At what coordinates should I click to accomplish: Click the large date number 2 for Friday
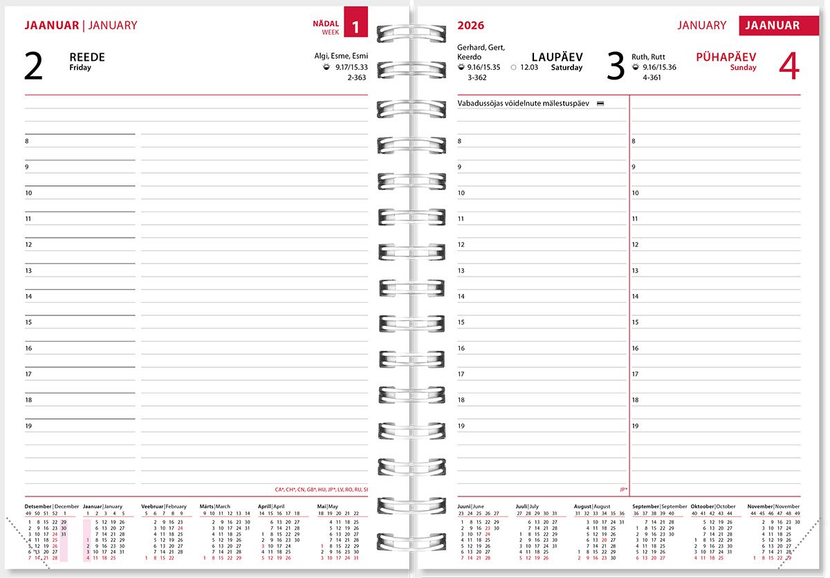(x=33, y=66)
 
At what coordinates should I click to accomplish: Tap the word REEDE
(x=87, y=57)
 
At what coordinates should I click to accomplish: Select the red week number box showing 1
(x=356, y=27)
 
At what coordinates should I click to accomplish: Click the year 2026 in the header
(x=470, y=26)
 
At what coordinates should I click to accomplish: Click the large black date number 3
(x=615, y=66)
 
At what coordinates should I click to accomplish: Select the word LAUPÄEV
(x=557, y=57)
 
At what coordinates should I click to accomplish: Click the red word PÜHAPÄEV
(x=726, y=57)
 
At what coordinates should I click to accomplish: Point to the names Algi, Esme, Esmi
(x=341, y=56)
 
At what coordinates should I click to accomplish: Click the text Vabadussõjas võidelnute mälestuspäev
(x=523, y=103)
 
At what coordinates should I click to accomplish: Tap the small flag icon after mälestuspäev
(x=600, y=103)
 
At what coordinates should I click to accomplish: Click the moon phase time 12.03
(x=529, y=67)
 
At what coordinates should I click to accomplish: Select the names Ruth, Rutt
(x=648, y=57)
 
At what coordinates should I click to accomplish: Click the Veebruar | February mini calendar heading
(x=164, y=506)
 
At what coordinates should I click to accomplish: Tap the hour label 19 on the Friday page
(x=28, y=426)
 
